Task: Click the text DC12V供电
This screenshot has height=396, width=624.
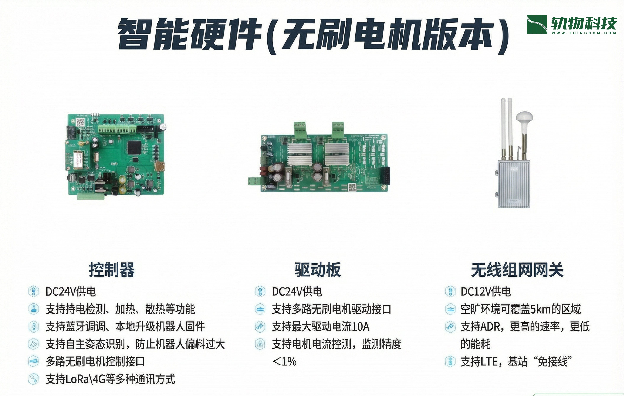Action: pos(486,292)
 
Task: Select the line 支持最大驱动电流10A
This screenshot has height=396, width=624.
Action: pos(321,327)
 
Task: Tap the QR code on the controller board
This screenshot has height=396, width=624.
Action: pos(80,122)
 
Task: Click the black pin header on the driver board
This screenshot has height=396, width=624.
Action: pos(385,175)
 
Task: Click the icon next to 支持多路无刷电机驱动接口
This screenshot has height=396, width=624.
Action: pos(260,309)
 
